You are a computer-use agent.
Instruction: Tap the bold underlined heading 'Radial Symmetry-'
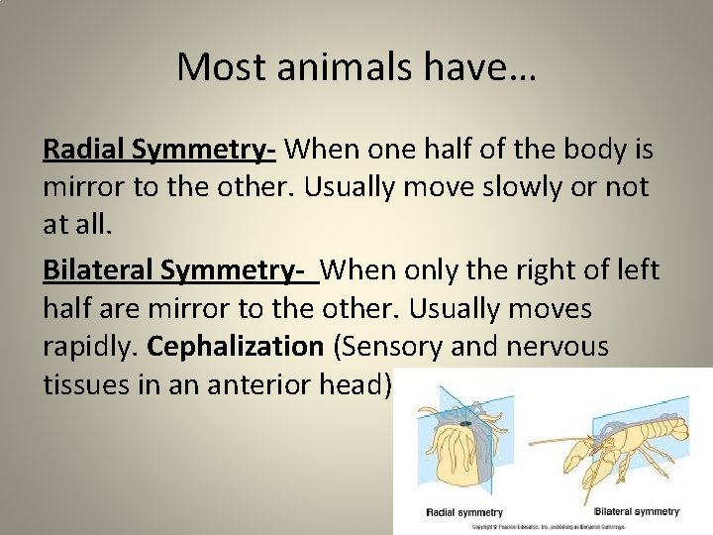(x=158, y=150)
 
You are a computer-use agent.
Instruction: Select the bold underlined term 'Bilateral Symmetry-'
(x=180, y=269)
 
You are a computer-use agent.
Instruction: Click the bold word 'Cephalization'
(x=235, y=347)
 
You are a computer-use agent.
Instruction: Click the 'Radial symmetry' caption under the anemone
(x=463, y=512)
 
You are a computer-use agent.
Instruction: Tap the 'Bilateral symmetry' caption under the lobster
(x=636, y=511)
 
